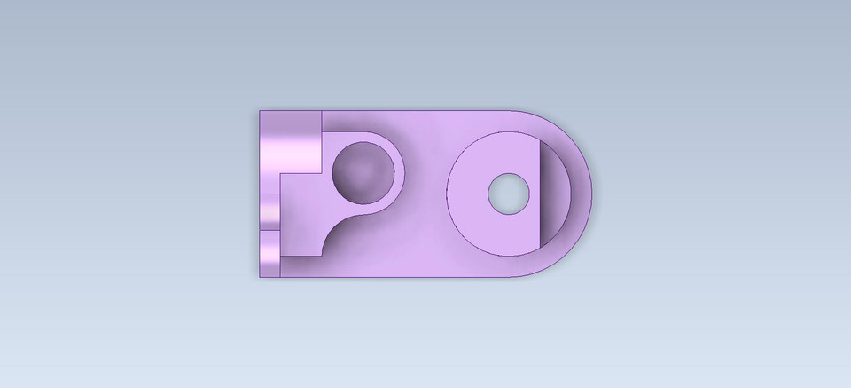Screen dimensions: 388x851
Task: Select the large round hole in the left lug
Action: coord(363,172)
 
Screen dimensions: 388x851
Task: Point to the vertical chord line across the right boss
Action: coord(539,194)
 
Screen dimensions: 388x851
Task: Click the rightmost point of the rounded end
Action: coord(591,194)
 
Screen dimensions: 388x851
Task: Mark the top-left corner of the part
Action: coord(260,111)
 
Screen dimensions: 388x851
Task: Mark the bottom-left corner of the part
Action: coord(260,277)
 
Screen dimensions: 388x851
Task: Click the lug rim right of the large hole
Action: coord(400,172)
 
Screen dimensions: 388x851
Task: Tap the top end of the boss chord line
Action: coord(539,141)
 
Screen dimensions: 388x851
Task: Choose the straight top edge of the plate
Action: coord(417,111)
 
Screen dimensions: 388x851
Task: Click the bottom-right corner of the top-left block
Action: coord(320,171)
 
